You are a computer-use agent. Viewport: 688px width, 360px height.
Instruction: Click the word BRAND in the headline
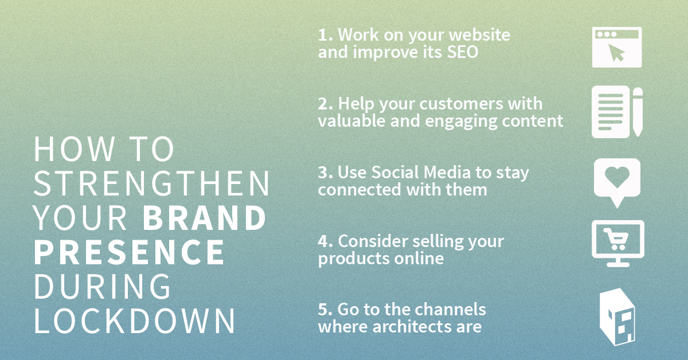coord(205,217)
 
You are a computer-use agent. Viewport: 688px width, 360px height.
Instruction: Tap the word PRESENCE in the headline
coord(130,252)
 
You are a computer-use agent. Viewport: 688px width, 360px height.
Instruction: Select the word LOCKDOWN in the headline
coord(135,321)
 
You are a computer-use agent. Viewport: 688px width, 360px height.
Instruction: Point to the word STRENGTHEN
coord(151,183)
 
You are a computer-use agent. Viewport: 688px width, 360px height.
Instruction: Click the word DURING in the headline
coord(102,286)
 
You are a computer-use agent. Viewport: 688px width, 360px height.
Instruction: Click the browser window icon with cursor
coord(617,48)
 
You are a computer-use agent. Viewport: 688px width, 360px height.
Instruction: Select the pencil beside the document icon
coord(638,112)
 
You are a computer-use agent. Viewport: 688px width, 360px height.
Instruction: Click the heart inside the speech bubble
coord(617,177)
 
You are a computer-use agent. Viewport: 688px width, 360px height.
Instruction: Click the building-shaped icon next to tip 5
coord(617,317)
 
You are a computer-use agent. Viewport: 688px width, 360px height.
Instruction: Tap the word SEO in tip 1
coord(463,52)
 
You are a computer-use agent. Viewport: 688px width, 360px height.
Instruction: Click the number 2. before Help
coord(325,104)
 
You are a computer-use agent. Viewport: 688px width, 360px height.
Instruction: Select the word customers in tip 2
coord(462,104)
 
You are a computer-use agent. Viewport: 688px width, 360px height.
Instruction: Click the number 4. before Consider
coord(325,241)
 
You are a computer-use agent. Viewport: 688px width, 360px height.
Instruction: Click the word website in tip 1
coord(479,35)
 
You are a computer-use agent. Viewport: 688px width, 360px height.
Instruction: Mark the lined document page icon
coord(611,112)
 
